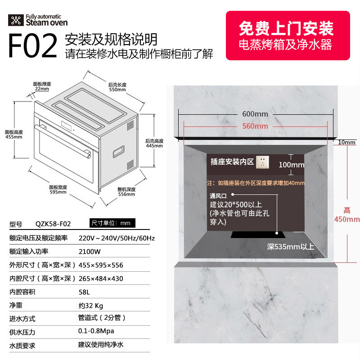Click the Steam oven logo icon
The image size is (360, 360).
16,20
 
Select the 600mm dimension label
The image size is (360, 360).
255,113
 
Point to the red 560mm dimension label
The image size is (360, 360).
255,126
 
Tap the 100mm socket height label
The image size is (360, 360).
291,165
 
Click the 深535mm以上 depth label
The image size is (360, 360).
290,247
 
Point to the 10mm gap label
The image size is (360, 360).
346,143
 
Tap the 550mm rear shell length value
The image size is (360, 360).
117,90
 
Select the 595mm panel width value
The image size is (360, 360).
58,192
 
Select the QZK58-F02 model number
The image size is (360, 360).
53,224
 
